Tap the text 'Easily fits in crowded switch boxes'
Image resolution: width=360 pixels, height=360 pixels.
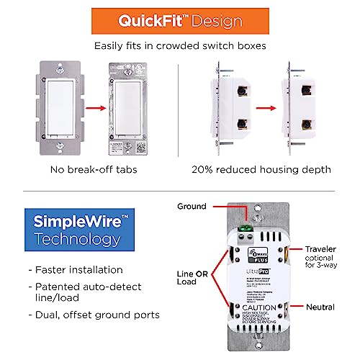180,46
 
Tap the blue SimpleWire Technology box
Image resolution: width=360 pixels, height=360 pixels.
70,230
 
